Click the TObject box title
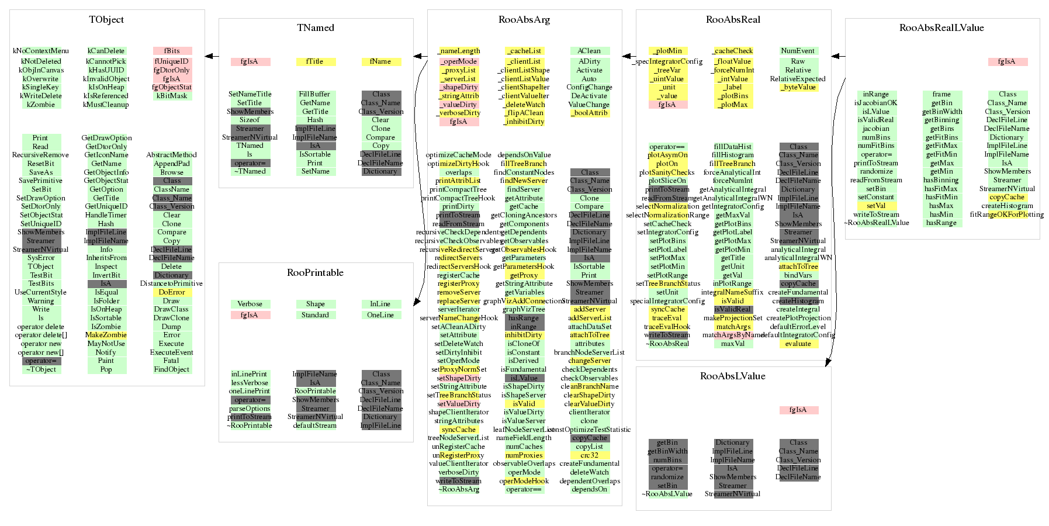pyautogui.click(x=106, y=20)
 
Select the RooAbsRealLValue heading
pyautogui.click(x=941, y=28)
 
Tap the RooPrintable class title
pyautogui.click(x=315, y=273)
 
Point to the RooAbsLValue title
pyautogui.click(x=732, y=376)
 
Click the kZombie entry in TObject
pyautogui.click(x=41, y=105)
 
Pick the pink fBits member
pyautogui.click(x=172, y=51)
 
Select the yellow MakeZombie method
pyautogui.click(x=106, y=335)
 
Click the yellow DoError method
pyautogui.click(x=172, y=292)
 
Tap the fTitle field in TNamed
pyautogui.click(x=315, y=62)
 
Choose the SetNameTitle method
pyautogui.click(x=250, y=94)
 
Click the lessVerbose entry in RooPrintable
pyautogui.click(x=250, y=383)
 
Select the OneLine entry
pyautogui.click(x=380, y=315)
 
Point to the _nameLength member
pyautogui.click(x=459, y=51)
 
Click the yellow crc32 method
pyautogui.click(x=589, y=455)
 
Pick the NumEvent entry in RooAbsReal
pyautogui.click(x=798, y=51)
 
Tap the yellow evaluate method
pyautogui.click(x=798, y=344)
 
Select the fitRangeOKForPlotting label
pyautogui.click(x=1006, y=214)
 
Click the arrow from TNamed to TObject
pyautogui.click(x=212, y=57)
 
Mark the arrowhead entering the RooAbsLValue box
pyautogui.click(x=827, y=363)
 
